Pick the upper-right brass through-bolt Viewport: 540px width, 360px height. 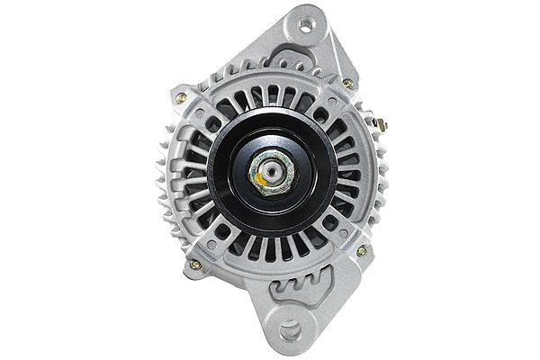coord(348,84)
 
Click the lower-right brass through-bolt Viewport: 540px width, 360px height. coord(362,251)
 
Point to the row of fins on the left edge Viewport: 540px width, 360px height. coord(167,180)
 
